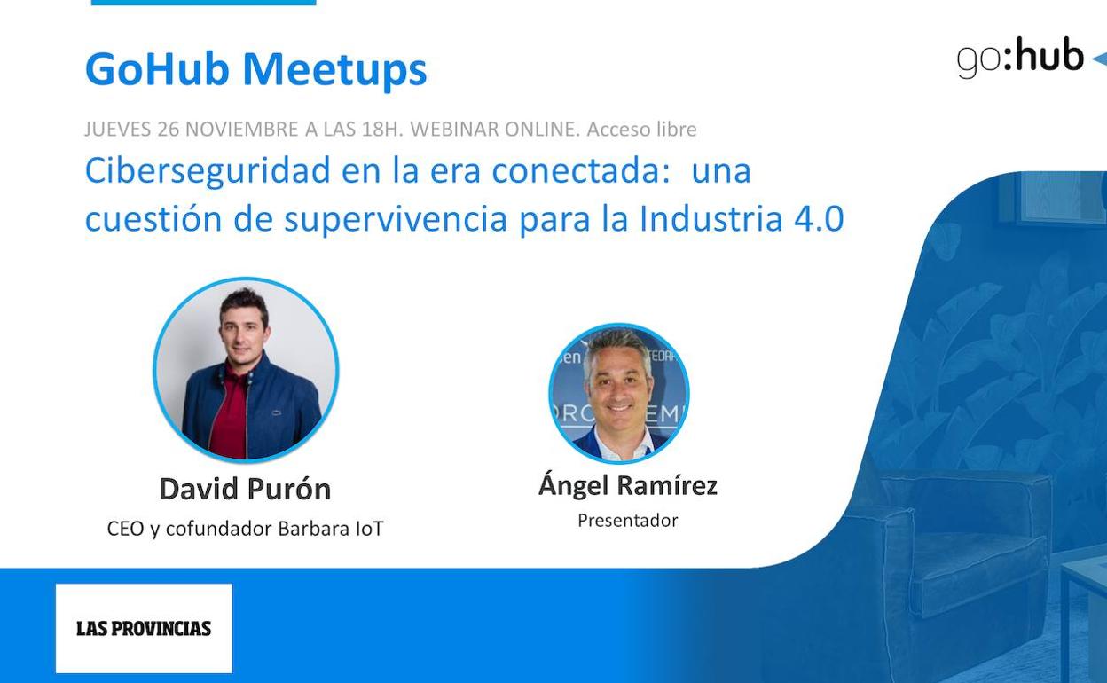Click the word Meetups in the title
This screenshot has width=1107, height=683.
point(334,70)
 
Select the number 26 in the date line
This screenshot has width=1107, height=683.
point(168,129)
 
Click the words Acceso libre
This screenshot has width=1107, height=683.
point(641,129)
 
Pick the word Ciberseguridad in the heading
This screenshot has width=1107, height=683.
point(208,171)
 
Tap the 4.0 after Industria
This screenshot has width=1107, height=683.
point(819,218)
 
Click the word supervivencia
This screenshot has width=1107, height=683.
point(396,220)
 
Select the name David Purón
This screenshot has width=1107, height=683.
point(245,489)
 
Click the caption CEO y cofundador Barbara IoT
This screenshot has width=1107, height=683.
point(245,529)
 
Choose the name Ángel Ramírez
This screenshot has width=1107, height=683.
point(628,484)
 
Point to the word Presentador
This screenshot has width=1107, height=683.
point(628,521)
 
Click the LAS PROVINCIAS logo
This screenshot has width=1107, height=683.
point(144,628)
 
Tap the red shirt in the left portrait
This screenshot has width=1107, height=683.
point(231,412)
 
